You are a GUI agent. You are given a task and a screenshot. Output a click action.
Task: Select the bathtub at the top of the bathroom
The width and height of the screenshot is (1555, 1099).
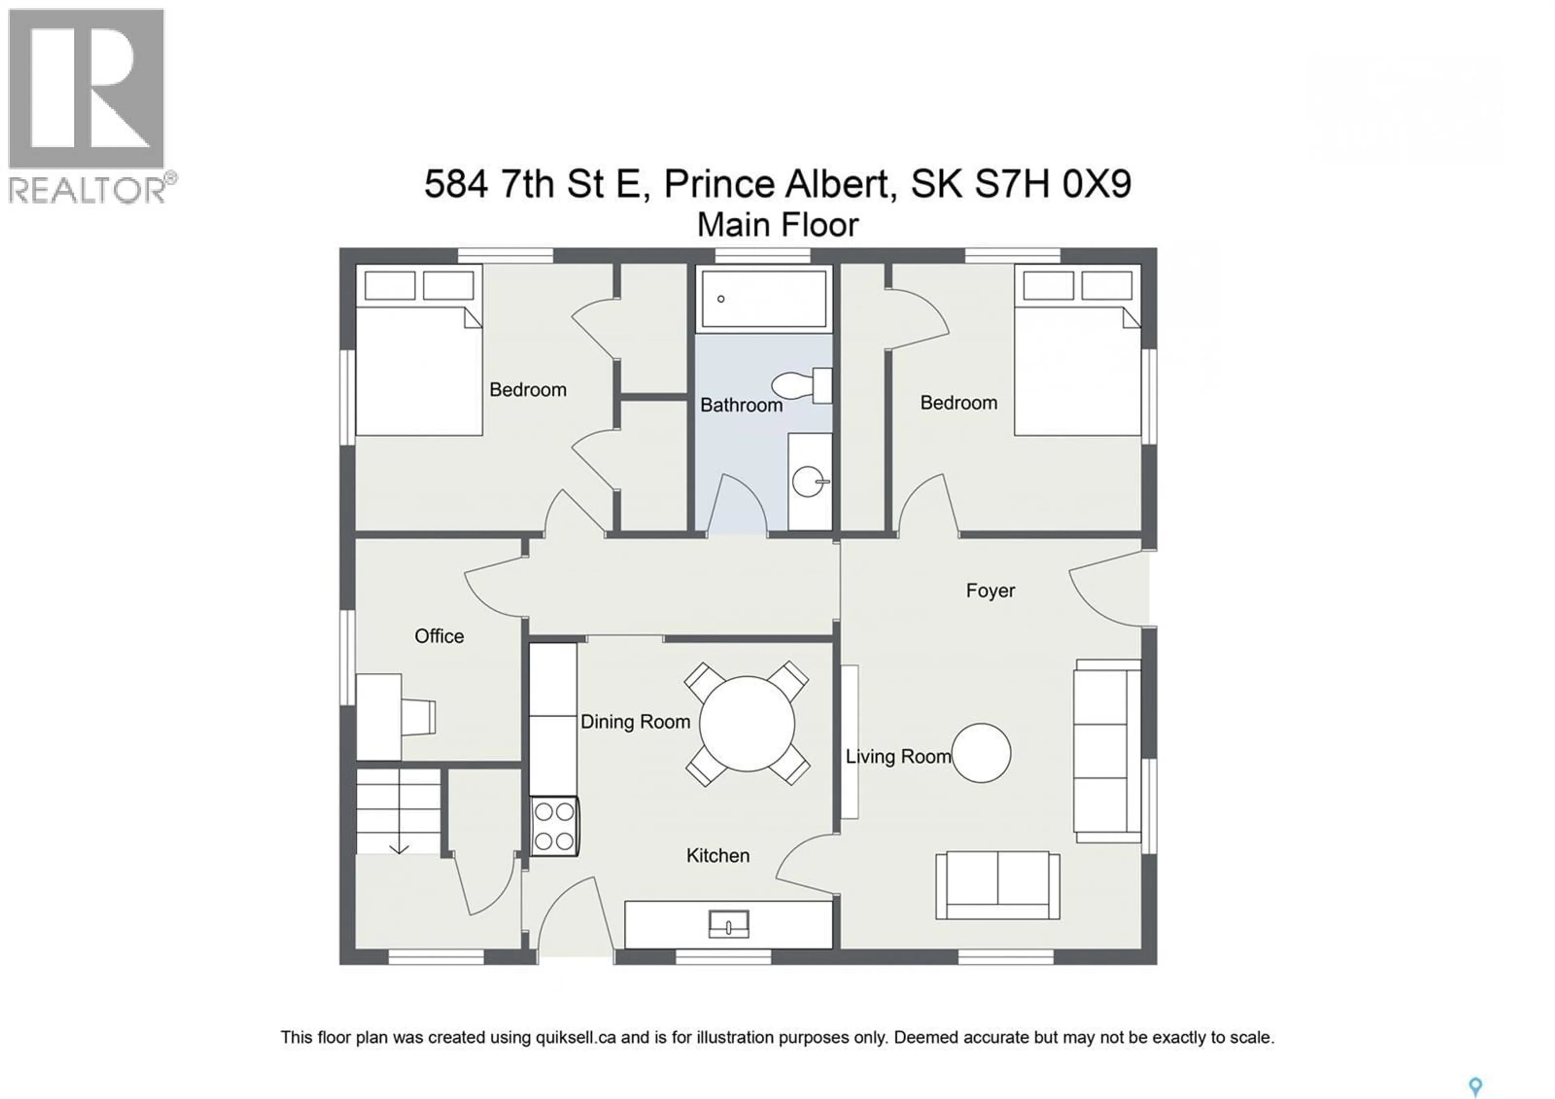tap(763, 298)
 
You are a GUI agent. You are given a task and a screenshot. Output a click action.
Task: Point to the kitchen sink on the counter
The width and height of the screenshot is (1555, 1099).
tap(729, 924)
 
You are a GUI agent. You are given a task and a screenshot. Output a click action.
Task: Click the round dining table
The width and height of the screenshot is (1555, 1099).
tap(747, 724)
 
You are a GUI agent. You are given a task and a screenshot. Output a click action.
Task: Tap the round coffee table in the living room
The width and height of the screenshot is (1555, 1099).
tap(981, 753)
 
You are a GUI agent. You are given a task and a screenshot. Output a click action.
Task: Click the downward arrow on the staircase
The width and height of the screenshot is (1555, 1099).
tap(399, 848)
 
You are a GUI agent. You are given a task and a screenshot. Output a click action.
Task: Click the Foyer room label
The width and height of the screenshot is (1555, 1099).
tap(990, 591)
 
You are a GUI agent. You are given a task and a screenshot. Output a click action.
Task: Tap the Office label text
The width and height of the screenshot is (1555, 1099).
tap(439, 636)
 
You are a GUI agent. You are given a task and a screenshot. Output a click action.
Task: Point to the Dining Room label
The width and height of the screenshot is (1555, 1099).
tap(635, 722)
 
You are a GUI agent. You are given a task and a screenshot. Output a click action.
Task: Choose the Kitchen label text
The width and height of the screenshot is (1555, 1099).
tap(718, 856)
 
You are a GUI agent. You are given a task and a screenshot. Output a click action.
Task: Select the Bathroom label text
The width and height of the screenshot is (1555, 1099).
tap(741, 405)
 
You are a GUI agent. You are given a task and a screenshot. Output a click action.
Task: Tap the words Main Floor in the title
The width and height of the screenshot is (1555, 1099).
tap(777, 225)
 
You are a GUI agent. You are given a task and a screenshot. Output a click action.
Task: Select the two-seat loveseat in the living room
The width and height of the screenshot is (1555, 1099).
tap(997, 885)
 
